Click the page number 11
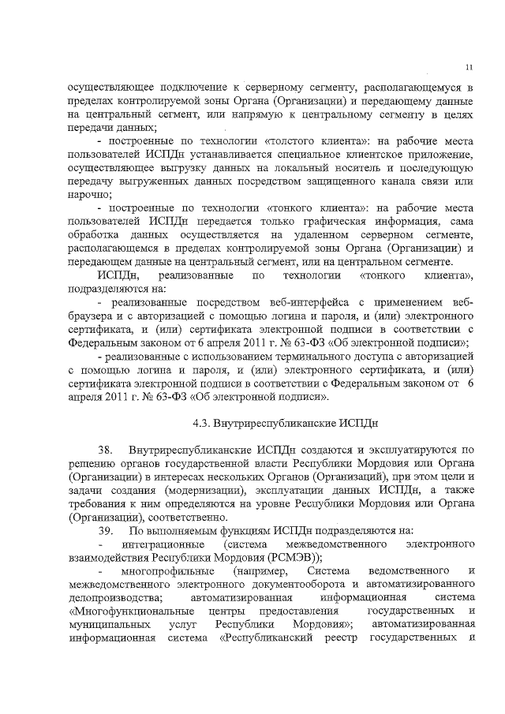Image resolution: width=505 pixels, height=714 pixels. (469, 66)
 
